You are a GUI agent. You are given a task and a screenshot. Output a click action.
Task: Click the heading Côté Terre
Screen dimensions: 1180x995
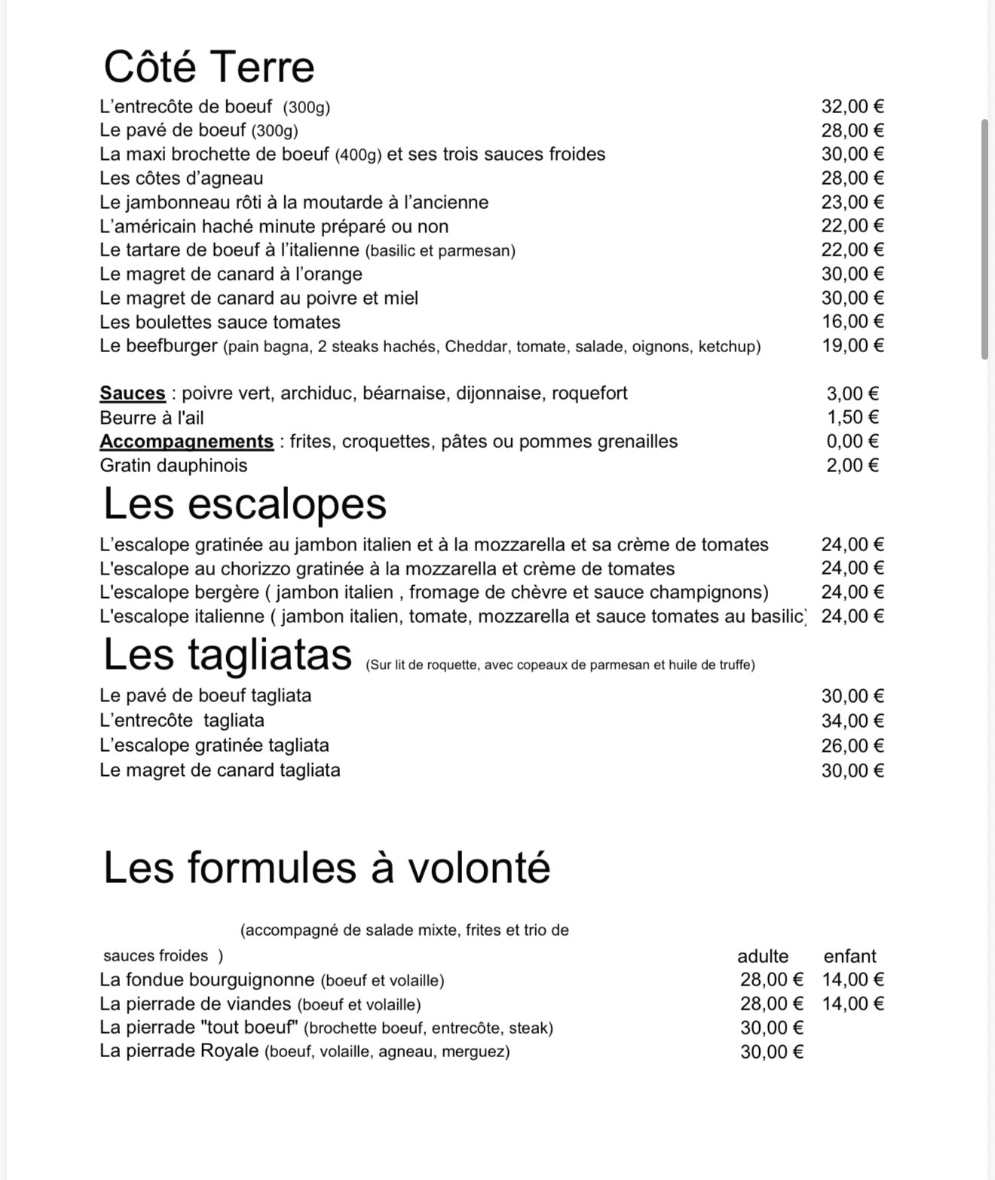click(209, 66)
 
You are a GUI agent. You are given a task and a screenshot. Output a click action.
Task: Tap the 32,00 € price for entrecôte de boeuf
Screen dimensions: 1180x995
click(853, 106)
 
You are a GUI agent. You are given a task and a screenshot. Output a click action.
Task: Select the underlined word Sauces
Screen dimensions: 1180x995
click(133, 394)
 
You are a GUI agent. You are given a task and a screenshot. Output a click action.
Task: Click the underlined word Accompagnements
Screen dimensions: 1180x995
click(186, 442)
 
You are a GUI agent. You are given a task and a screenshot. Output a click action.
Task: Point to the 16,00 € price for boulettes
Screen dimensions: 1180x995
click(853, 322)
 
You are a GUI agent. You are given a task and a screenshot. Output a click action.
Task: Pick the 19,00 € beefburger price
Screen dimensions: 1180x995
click(853, 346)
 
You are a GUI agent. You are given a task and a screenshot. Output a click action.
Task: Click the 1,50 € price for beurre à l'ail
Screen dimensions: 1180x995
click(853, 418)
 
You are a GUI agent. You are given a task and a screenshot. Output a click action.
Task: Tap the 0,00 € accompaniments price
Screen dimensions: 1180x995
click(853, 442)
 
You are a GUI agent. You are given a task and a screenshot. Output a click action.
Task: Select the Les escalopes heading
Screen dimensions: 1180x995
click(244, 504)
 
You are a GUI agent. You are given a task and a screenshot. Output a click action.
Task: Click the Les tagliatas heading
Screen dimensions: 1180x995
click(227, 654)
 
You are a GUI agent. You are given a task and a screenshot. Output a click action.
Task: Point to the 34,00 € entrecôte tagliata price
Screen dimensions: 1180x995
click(853, 721)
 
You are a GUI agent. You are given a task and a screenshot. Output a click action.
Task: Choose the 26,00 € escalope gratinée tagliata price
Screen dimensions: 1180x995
click(853, 746)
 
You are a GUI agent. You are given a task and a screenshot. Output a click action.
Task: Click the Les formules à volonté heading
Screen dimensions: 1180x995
click(326, 867)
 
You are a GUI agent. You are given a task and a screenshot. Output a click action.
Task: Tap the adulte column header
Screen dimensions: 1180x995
click(763, 956)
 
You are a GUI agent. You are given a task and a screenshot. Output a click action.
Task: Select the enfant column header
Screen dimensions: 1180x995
click(850, 956)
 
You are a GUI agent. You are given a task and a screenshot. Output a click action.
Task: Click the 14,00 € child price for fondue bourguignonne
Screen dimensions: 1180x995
click(853, 979)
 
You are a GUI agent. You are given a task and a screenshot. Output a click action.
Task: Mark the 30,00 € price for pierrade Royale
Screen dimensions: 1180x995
click(772, 1052)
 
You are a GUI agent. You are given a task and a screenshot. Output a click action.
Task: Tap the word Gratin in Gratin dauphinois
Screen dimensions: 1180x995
click(124, 466)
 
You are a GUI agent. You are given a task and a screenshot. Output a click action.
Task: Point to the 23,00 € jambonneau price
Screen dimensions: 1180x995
click(853, 202)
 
